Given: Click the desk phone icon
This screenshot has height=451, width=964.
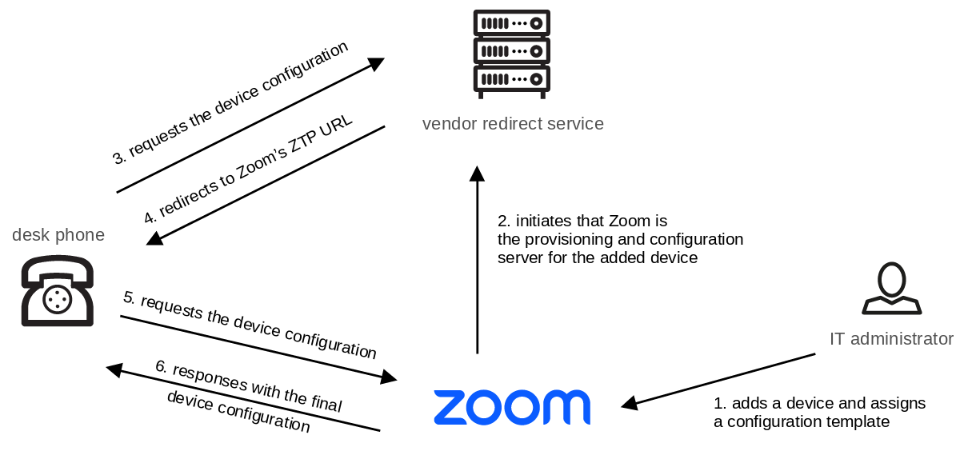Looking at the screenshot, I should [57, 290].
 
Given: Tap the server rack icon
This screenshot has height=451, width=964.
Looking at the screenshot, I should [511, 54].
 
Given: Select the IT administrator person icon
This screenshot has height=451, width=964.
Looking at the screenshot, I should [891, 289].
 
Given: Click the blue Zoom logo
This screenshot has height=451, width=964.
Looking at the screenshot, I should [512, 407].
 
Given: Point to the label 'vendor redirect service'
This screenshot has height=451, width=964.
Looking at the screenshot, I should [513, 124].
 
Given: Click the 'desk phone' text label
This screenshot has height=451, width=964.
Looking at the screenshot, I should [58, 235].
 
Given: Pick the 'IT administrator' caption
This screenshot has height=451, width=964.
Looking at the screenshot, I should [891, 339].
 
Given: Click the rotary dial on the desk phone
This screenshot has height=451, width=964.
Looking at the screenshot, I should [57, 301].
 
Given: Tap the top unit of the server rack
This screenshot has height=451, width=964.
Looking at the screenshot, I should [511, 22].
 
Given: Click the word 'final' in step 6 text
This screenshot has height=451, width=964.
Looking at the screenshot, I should [325, 405].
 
